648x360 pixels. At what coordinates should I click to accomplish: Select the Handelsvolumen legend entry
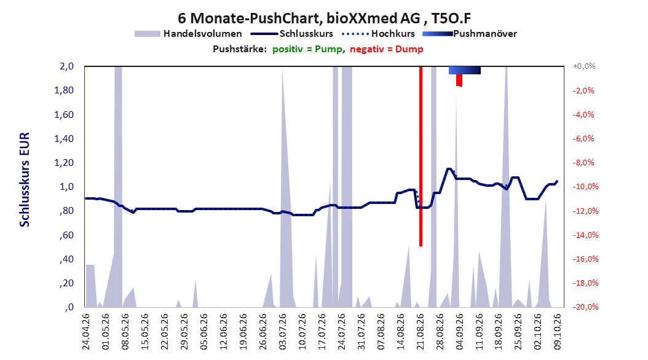[x=188, y=34]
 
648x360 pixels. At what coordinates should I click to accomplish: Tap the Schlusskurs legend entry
[x=292, y=34]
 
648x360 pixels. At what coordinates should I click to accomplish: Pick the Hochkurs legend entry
[x=378, y=34]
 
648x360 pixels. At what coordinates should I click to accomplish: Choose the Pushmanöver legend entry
[x=470, y=34]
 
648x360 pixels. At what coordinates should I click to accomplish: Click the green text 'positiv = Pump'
[x=307, y=49]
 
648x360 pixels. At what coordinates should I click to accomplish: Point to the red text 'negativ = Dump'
[x=387, y=49]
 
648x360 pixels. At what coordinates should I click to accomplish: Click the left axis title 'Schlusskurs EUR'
[x=25, y=179]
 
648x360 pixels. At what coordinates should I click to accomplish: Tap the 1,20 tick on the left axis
[x=64, y=163]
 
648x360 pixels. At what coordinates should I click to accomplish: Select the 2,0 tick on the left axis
[x=66, y=66]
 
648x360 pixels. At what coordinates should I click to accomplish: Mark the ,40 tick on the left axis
[x=66, y=259]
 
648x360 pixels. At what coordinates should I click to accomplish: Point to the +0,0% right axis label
[x=584, y=66]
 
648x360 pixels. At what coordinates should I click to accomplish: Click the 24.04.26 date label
[x=86, y=332]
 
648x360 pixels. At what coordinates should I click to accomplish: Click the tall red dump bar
[x=421, y=156]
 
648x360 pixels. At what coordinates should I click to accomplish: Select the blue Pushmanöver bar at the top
[x=465, y=70]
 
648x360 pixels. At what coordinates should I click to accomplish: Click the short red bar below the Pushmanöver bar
[x=459, y=80]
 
